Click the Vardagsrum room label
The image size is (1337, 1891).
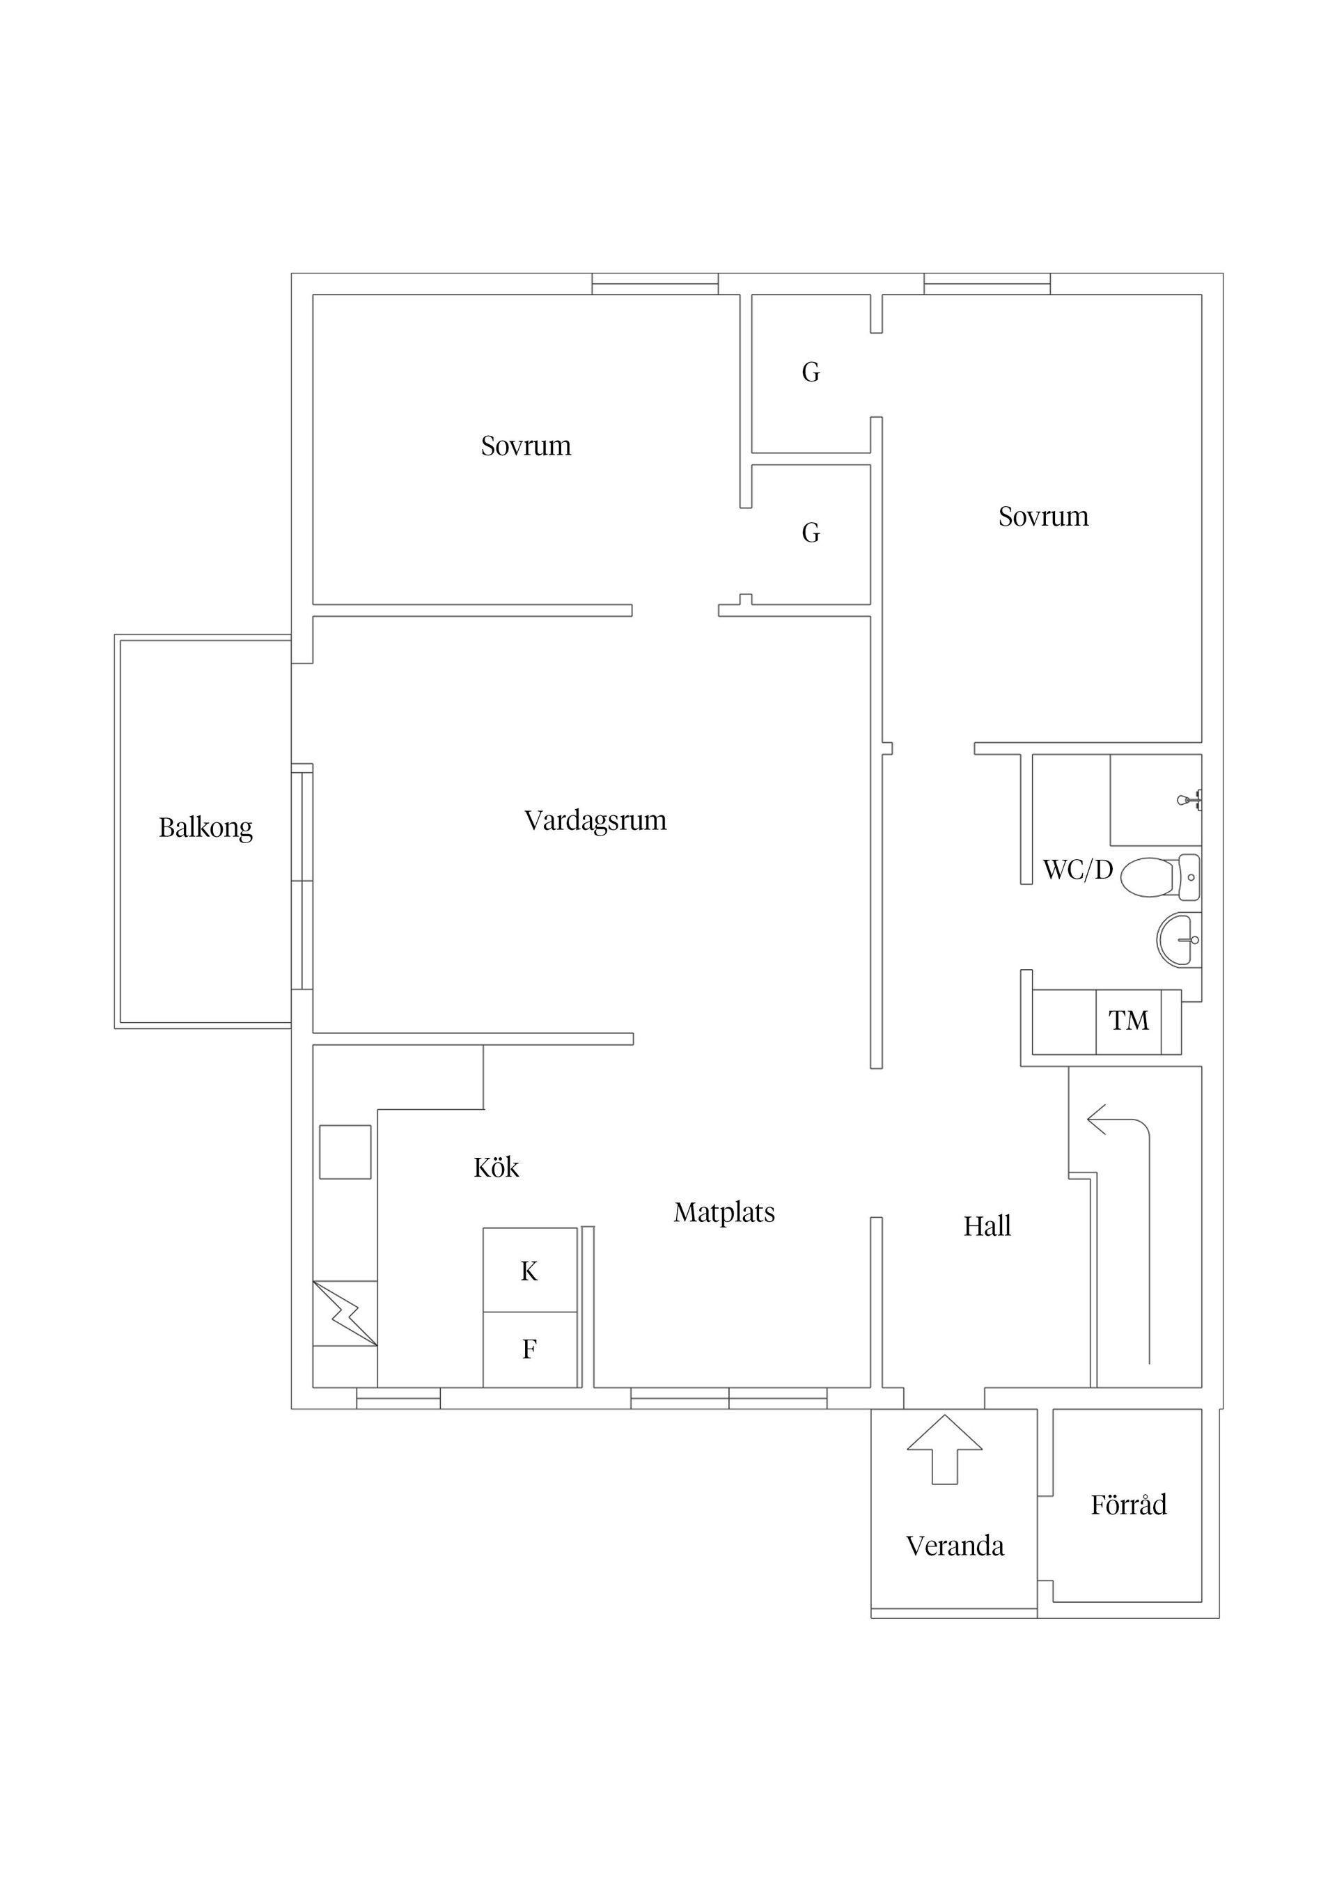(595, 820)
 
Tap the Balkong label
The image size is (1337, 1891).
(205, 827)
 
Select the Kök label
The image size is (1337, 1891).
(496, 1167)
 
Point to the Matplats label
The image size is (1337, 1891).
(724, 1212)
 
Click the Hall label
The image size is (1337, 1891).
(987, 1226)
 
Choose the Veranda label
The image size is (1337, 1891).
(955, 1546)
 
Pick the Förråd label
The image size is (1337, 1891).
(1129, 1505)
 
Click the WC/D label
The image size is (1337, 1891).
(1077, 870)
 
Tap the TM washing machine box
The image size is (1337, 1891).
(1128, 1021)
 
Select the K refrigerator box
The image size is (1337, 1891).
(529, 1271)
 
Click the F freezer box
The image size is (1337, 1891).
(529, 1349)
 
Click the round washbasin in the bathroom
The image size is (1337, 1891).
(1179, 939)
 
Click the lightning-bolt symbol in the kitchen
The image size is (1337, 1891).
(345, 1313)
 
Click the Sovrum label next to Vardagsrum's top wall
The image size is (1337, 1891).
(526, 446)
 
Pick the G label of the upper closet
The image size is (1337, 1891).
(811, 372)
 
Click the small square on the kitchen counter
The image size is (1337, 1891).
(345, 1152)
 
